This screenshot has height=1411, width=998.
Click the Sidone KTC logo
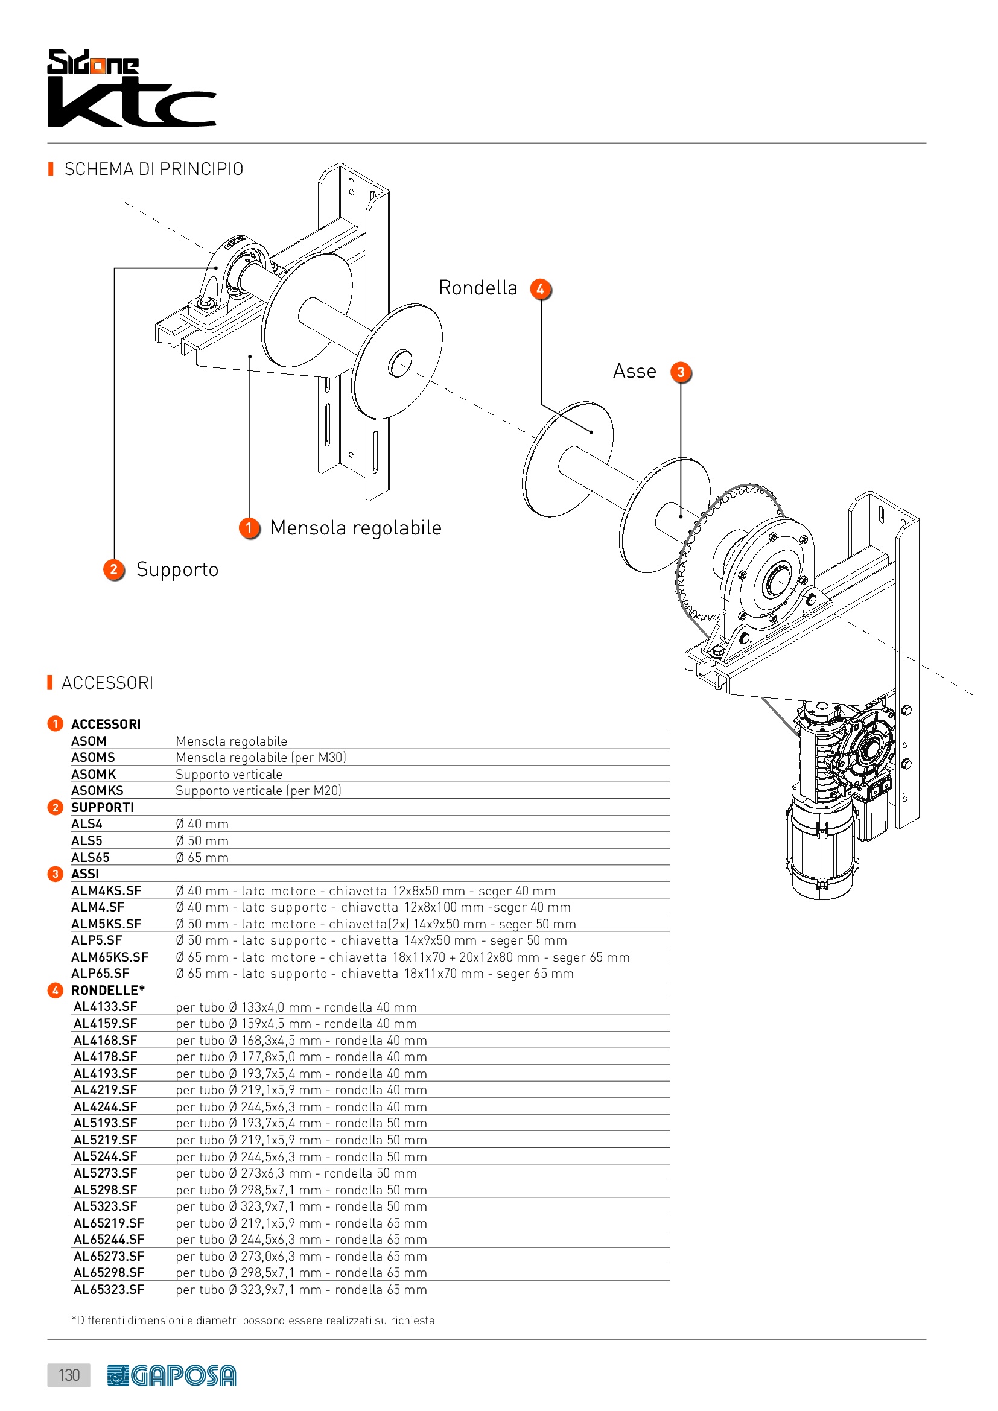[x=132, y=88]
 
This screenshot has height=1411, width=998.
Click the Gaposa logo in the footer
[x=171, y=1375]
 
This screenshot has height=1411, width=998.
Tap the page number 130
[x=69, y=1375]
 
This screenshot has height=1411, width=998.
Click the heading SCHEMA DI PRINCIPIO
[x=154, y=169]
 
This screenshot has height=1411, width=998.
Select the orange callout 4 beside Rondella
[x=540, y=289]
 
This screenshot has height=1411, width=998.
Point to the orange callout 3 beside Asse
[x=680, y=372]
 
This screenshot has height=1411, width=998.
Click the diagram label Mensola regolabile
[x=356, y=528]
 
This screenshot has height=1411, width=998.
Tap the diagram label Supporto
[x=177, y=569]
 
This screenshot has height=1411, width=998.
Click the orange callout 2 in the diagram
[x=113, y=569]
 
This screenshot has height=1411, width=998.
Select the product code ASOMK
[x=94, y=775]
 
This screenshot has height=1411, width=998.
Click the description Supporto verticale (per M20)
[x=258, y=791]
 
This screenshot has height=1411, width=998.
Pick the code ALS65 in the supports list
[x=91, y=857]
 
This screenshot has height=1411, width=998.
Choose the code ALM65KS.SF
[x=110, y=957]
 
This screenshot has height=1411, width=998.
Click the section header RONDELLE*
[x=108, y=990]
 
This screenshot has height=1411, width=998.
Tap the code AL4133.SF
[x=105, y=1007]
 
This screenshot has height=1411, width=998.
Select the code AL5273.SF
[x=105, y=1173]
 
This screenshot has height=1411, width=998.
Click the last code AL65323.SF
[x=109, y=1289]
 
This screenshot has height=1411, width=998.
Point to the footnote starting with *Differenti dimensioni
[x=253, y=1320]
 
